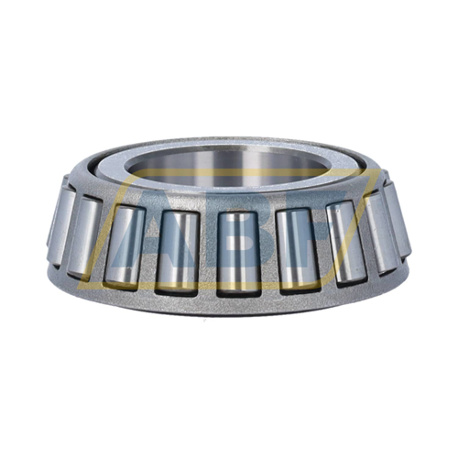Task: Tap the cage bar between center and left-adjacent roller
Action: point(205,252)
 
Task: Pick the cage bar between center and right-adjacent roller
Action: point(265,252)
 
